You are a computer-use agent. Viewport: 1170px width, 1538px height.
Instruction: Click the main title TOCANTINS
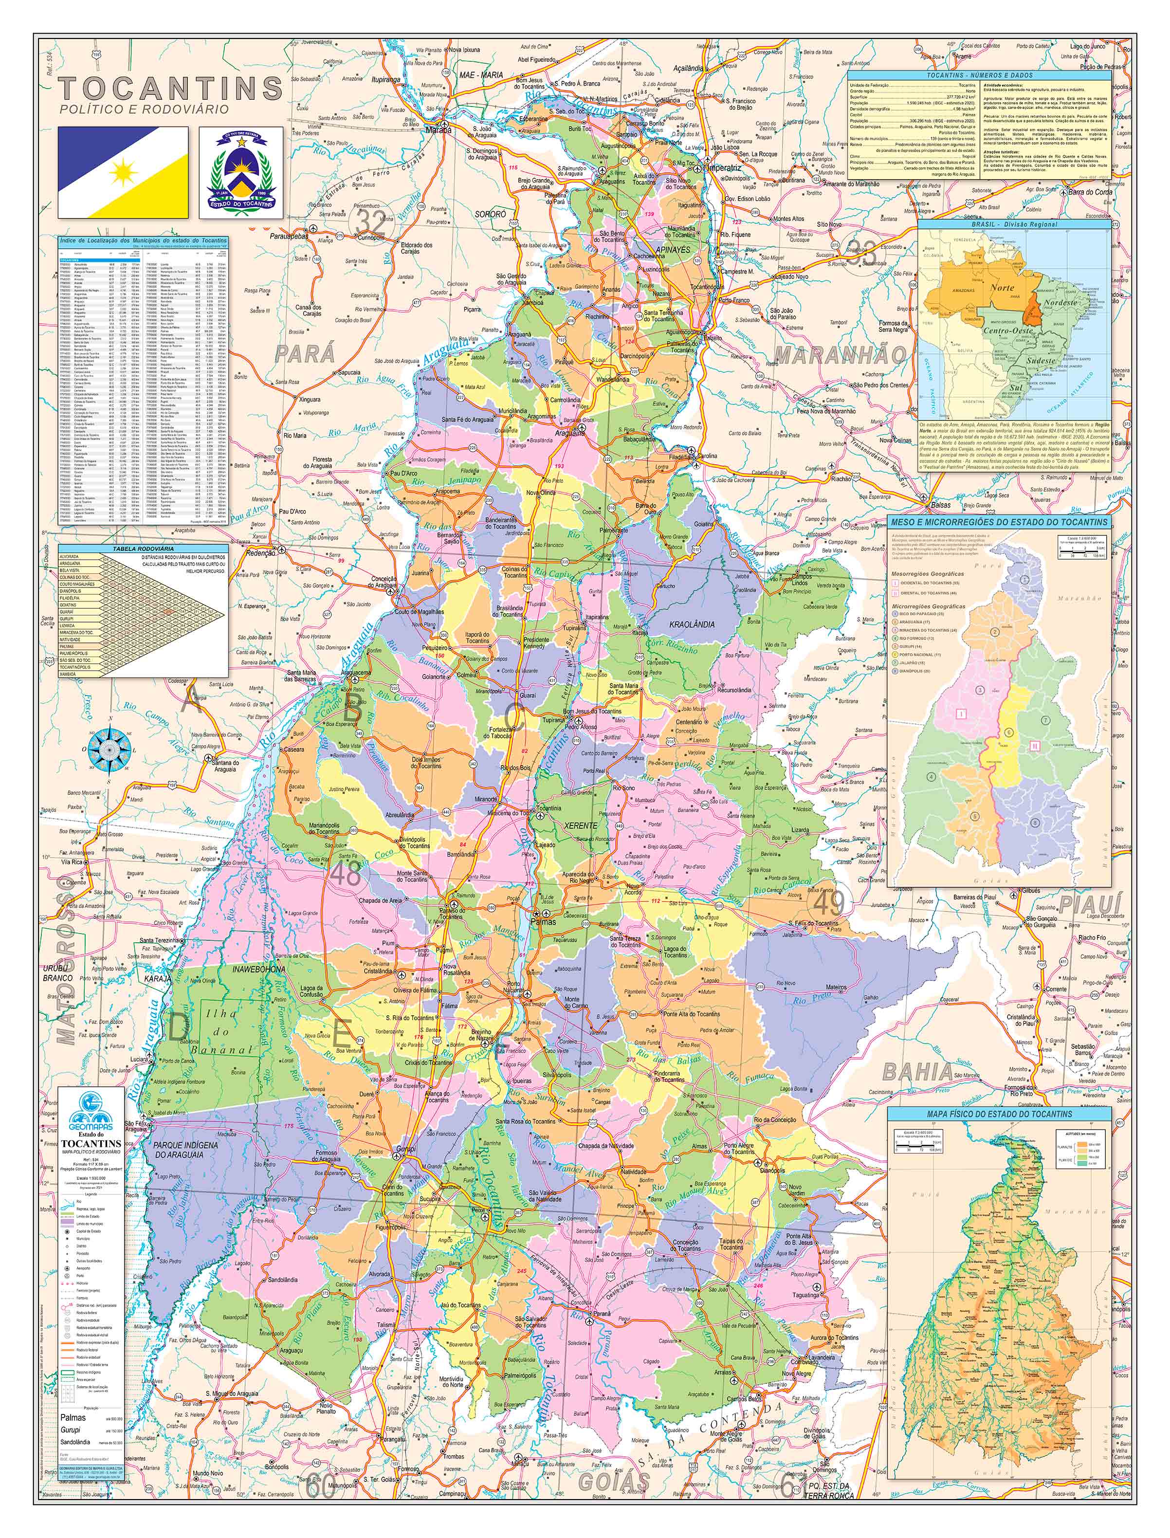click(x=171, y=89)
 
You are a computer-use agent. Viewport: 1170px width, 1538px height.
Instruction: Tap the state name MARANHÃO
click(x=841, y=356)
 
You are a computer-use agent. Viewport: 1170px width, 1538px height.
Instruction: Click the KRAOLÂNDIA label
click(x=692, y=624)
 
